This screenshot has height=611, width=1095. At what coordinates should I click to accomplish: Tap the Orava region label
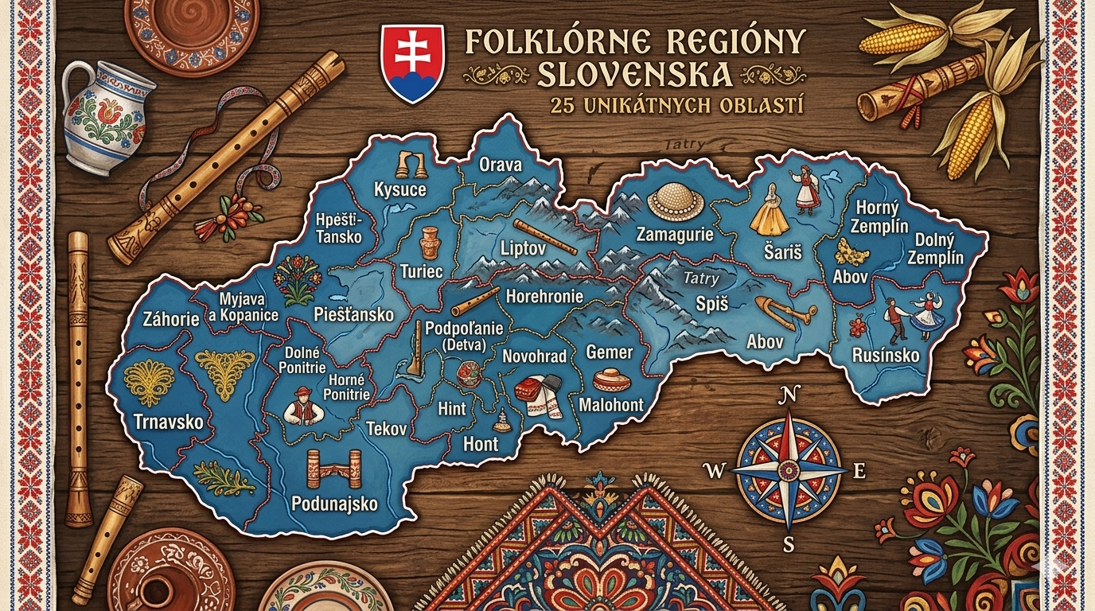tap(501, 165)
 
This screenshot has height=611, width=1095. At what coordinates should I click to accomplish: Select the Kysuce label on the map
tap(399, 189)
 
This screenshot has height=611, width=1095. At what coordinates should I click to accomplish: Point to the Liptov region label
tap(522, 248)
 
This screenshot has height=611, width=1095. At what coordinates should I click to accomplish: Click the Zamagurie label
tap(675, 235)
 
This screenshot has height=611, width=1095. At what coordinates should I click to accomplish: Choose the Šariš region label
tap(782, 252)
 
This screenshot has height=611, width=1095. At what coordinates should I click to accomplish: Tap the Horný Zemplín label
tap(881, 216)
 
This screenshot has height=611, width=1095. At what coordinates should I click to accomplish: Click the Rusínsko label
tap(886, 355)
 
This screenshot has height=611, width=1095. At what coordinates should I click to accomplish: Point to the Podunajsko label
tap(334, 503)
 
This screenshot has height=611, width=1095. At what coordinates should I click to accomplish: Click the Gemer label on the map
tap(609, 352)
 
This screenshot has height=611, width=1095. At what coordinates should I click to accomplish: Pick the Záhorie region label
tap(170, 320)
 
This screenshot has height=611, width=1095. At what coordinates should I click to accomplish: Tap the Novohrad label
tap(534, 356)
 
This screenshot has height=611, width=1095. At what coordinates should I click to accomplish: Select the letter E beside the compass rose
tap(859, 471)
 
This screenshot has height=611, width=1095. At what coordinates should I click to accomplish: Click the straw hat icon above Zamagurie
tap(676, 202)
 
